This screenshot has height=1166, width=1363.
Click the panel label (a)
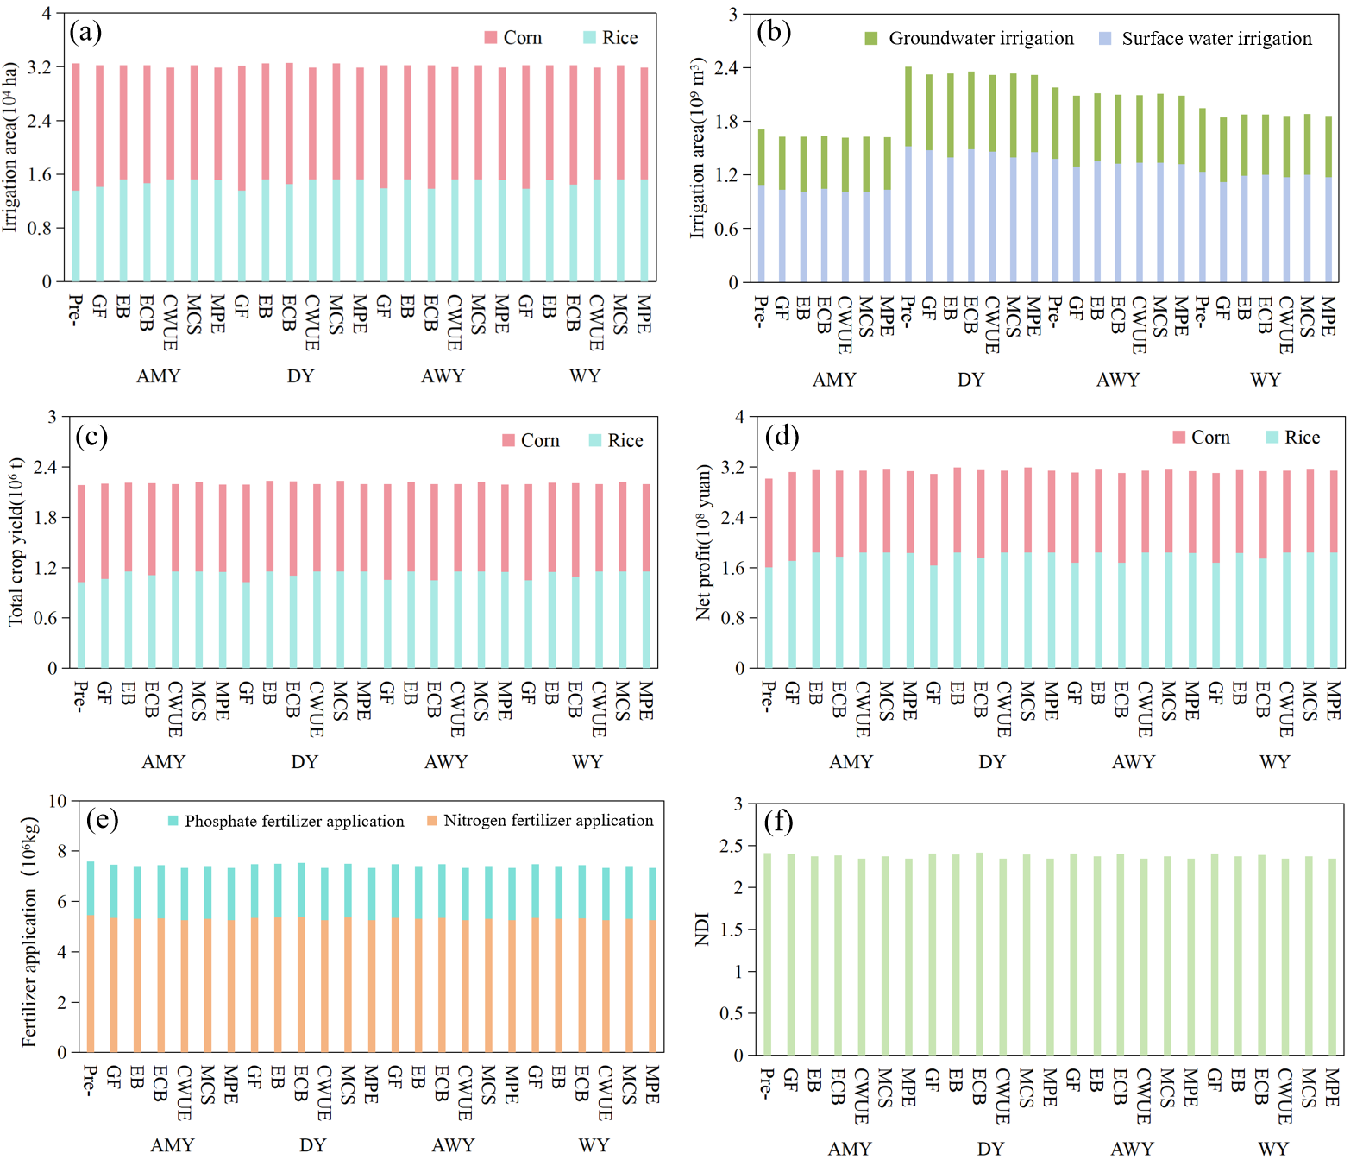85,32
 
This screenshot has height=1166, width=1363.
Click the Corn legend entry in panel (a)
513,38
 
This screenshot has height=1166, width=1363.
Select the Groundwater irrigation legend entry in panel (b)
970,39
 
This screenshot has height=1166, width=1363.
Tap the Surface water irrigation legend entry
1206,39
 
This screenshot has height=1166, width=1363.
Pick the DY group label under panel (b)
970,380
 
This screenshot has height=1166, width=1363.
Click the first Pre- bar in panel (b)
761,207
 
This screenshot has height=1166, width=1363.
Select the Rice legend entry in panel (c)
616,441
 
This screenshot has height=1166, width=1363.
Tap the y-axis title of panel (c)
16,542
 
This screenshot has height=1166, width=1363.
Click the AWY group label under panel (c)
446,762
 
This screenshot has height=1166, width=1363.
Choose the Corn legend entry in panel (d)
1202,438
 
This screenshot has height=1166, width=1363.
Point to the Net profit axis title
704,542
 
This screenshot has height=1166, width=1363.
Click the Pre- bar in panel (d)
768,574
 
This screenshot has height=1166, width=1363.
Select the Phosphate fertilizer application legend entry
286,821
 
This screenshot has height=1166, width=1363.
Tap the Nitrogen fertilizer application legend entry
540,821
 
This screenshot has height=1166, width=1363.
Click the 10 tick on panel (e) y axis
57,801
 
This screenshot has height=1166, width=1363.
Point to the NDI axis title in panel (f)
702,930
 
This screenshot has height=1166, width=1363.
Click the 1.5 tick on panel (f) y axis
732,930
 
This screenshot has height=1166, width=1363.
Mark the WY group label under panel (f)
1273,1149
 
